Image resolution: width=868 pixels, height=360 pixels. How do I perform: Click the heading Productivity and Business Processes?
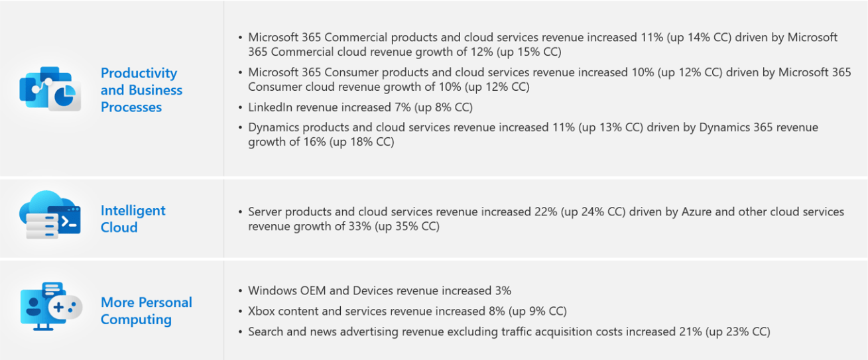click(141, 90)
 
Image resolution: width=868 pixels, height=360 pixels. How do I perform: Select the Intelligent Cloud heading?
click(133, 219)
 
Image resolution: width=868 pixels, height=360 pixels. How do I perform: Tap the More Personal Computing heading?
click(146, 311)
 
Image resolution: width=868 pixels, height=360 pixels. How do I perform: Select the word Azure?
click(698, 211)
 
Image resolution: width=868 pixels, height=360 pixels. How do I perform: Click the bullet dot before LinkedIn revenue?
click(239, 107)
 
